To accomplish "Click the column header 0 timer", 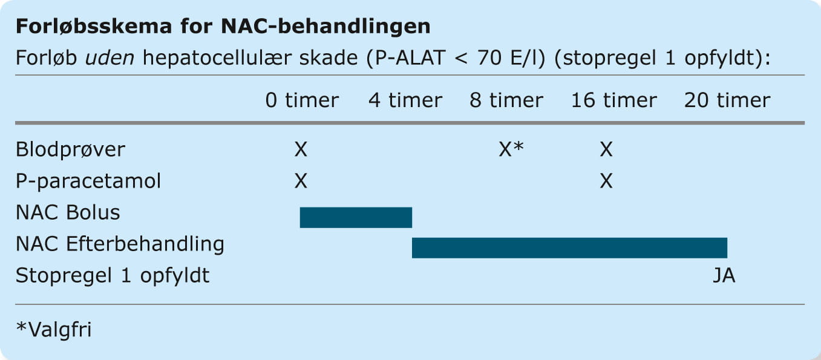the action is click(302, 100).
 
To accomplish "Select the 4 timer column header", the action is click(405, 100).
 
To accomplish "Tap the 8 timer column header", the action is click(506, 100).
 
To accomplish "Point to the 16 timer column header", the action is click(614, 100).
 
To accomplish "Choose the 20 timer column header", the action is click(727, 100).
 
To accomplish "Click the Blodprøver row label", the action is click(70, 149).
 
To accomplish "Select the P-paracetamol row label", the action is click(88, 181).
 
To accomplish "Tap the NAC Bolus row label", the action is click(68, 212).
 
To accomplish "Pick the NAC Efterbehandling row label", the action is click(120, 244).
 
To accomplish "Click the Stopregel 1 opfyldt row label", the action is click(113, 275).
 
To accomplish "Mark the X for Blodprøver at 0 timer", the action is click(301, 149).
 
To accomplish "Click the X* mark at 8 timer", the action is click(511, 149).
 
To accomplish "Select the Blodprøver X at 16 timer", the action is click(606, 149).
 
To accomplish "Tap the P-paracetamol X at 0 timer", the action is click(301, 181).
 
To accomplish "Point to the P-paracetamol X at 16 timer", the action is click(606, 181).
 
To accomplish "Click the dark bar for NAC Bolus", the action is click(356, 217).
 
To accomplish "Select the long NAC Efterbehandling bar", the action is click(569, 248).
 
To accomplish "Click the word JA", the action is click(724, 275).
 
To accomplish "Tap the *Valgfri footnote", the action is click(54, 329).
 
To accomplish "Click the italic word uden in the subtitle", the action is click(110, 58).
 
